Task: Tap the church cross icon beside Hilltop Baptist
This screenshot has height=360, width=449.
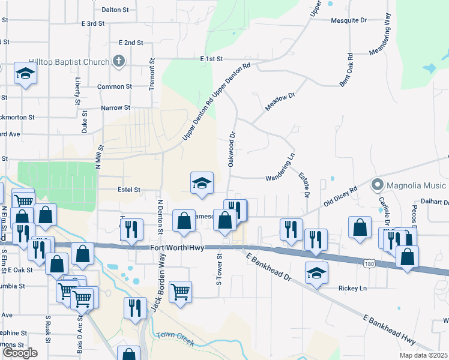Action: [x=119, y=61]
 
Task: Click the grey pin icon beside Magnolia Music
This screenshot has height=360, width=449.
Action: [x=377, y=184]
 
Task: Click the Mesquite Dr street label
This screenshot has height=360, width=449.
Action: [x=349, y=20]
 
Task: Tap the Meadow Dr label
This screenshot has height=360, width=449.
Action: [x=280, y=103]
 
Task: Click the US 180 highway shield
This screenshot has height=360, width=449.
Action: [x=370, y=263]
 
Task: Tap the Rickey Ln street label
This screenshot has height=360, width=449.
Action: [x=352, y=289]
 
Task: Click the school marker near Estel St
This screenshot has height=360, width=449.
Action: [x=202, y=183]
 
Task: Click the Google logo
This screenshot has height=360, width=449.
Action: [x=20, y=353]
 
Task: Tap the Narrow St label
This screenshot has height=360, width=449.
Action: [x=115, y=108]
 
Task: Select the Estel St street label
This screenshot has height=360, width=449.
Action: [x=128, y=190]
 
